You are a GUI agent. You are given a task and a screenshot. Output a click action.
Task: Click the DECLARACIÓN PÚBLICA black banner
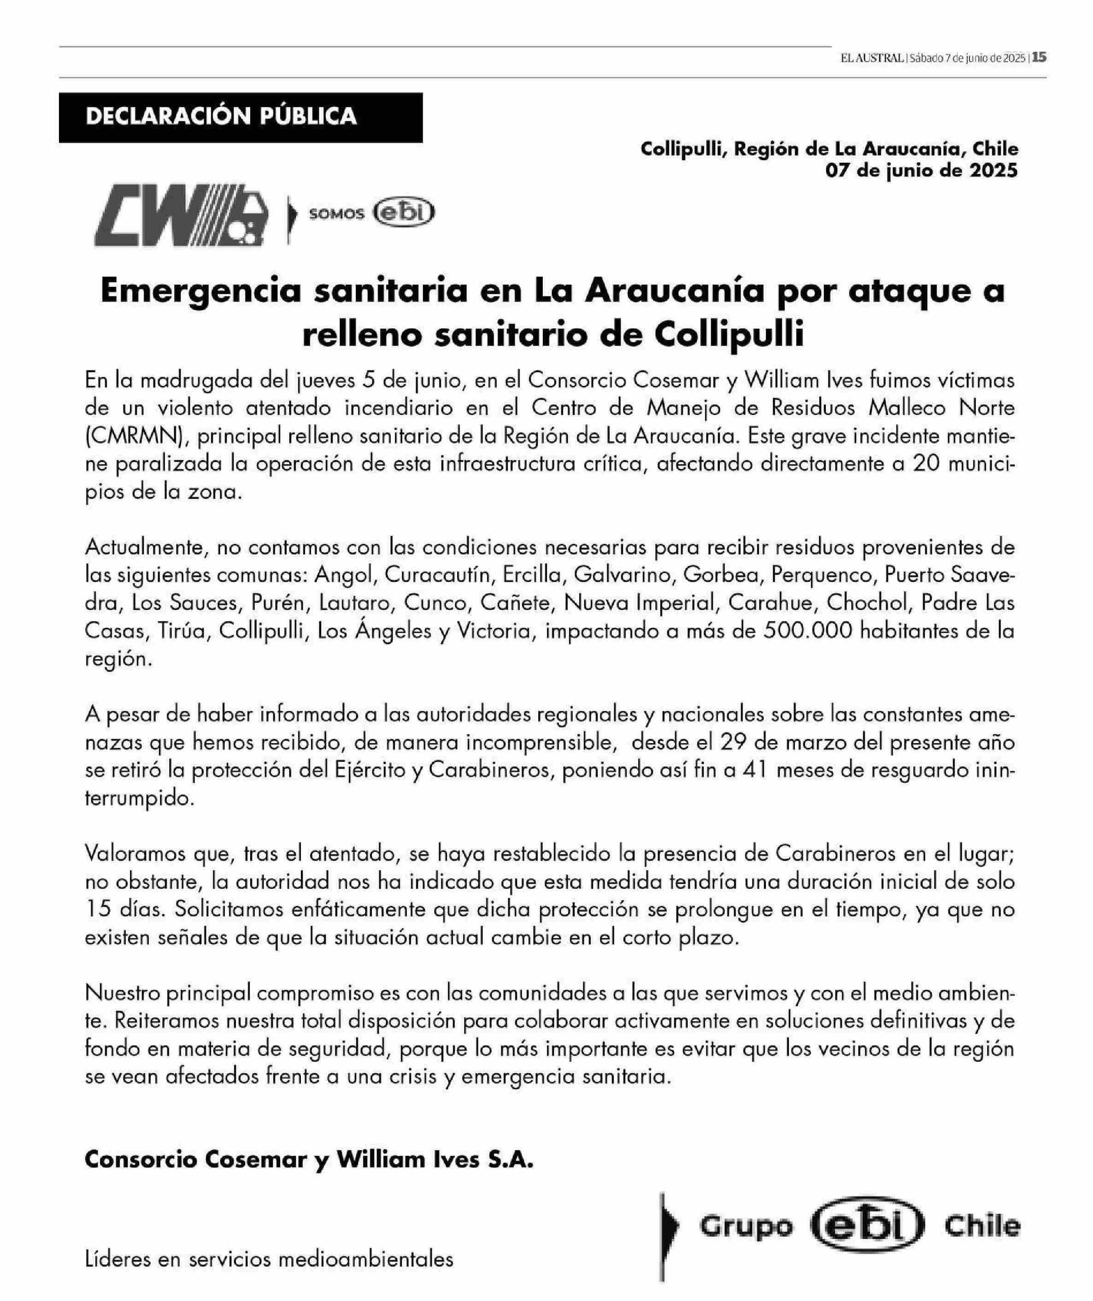pyautogui.click(x=241, y=117)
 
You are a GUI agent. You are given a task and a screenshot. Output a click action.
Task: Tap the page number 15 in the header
pyautogui.click(x=1040, y=58)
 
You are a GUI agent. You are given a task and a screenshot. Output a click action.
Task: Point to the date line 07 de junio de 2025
pyautogui.click(x=922, y=171)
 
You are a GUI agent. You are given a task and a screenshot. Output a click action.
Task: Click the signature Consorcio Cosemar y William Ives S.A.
pyautogui.click(x=309, y=1159)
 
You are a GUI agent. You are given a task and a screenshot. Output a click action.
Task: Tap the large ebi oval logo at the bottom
pyautogui.click(x=867, y=1226)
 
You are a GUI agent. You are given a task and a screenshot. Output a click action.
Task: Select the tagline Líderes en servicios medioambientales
pyautogui.click(x=269, y=1259)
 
